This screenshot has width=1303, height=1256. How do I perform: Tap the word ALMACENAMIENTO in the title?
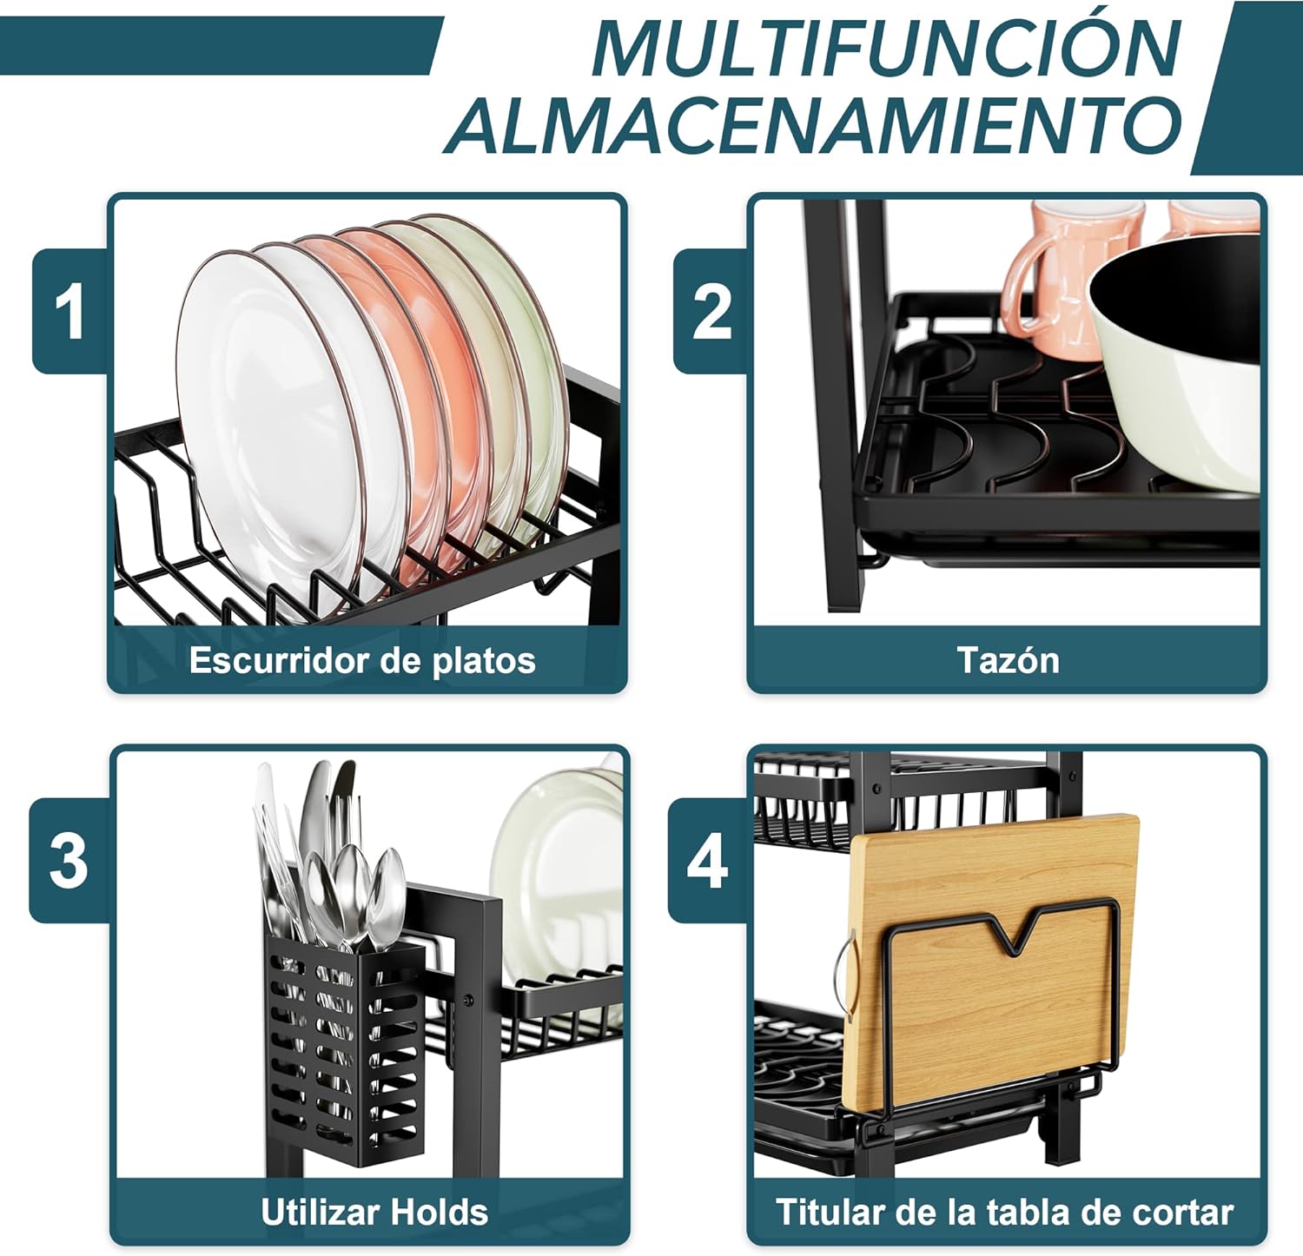(x=814, y=125)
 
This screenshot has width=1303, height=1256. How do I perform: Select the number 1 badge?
(x=69, y=312)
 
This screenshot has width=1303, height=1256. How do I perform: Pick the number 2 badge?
(x=711, y=312)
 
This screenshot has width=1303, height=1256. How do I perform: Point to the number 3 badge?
(x=69, y=860)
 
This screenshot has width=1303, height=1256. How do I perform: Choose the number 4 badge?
(x=707, y=860)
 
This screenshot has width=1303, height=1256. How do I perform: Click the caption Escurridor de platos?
(x=362, y=660)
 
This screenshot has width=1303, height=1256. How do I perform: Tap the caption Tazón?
(x=1008, y=660)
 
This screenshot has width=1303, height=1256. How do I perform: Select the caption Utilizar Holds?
(x=374, y=1212)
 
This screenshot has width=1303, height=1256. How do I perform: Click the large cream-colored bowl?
(x=1174, y=365)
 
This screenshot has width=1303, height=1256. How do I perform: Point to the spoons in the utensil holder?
(x=347, y=895)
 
